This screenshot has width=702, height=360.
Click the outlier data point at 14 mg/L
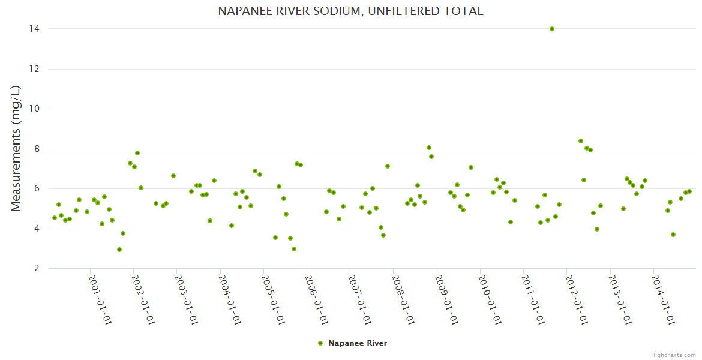552,29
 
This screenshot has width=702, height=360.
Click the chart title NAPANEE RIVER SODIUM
350,11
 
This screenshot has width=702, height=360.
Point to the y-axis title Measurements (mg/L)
16,148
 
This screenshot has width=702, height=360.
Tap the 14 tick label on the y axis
20,29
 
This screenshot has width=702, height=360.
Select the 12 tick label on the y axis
20,69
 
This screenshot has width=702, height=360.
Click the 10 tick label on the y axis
20,109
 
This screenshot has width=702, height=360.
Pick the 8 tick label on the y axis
22,149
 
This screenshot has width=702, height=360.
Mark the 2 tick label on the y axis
22,269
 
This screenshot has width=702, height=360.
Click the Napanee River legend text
358,343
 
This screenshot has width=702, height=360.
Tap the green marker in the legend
320,343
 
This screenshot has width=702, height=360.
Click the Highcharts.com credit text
673,355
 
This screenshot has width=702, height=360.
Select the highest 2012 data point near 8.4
581,141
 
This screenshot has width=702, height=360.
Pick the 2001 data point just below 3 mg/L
119,250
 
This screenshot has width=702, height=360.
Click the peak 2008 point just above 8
429,148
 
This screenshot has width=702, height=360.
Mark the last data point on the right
689,191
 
